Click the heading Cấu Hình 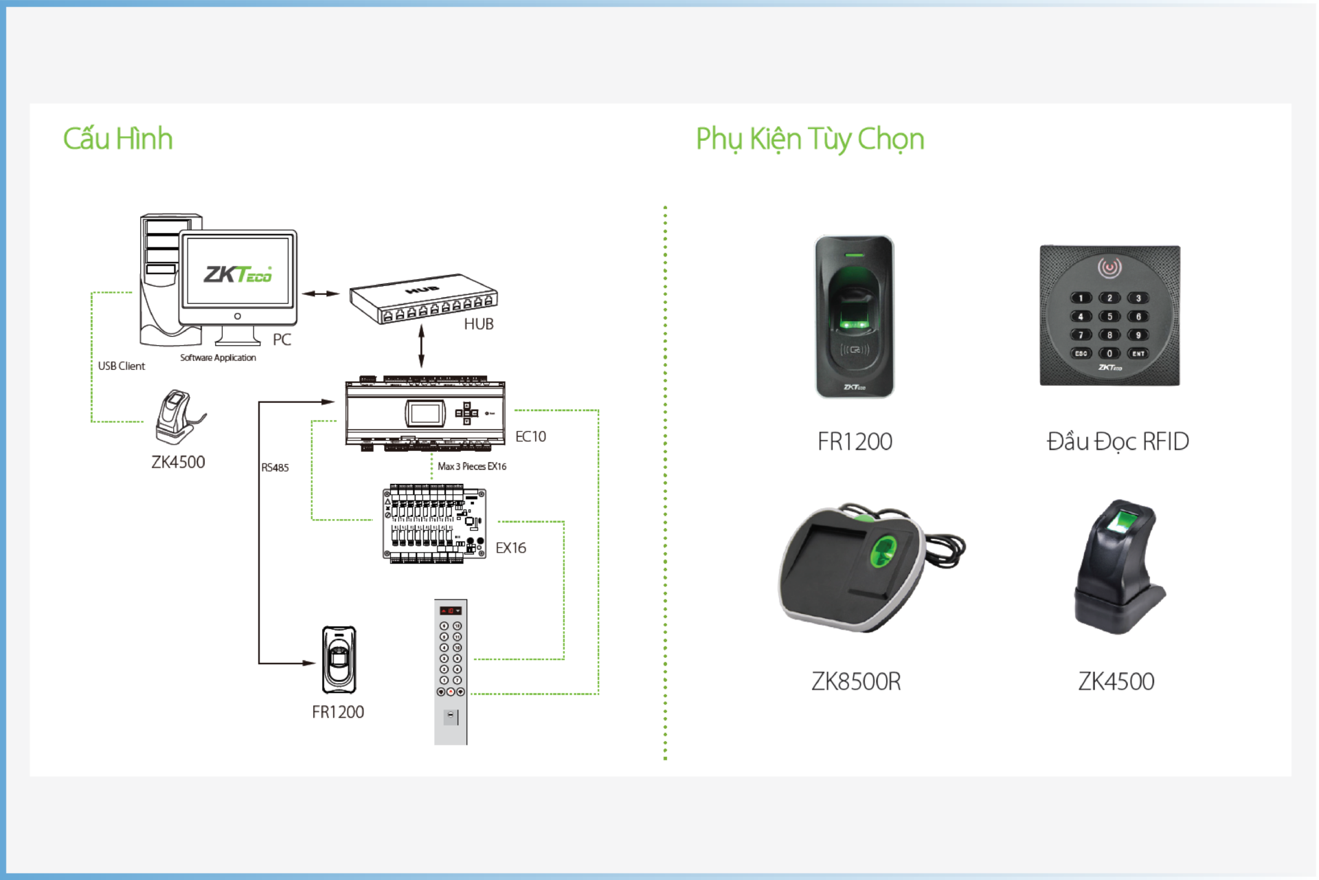coord(117,139)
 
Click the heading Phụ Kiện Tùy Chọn coord(809,139)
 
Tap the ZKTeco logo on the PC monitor coord(238,274)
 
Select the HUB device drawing coord(423,298)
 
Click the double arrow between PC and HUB coord(321,294)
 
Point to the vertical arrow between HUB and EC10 coord(421,346)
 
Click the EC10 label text coord(530,437)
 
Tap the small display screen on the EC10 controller coord(425,413)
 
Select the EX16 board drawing coord(434,524)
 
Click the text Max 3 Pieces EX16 coord(472,466)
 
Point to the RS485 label coord(275,467)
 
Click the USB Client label coord(122,366)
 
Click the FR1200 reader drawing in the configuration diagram coord(339,659)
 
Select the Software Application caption coord(218,357)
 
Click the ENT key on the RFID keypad coord(1138,353)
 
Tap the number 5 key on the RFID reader coord(1109,316)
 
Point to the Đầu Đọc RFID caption coord(1117,441)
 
